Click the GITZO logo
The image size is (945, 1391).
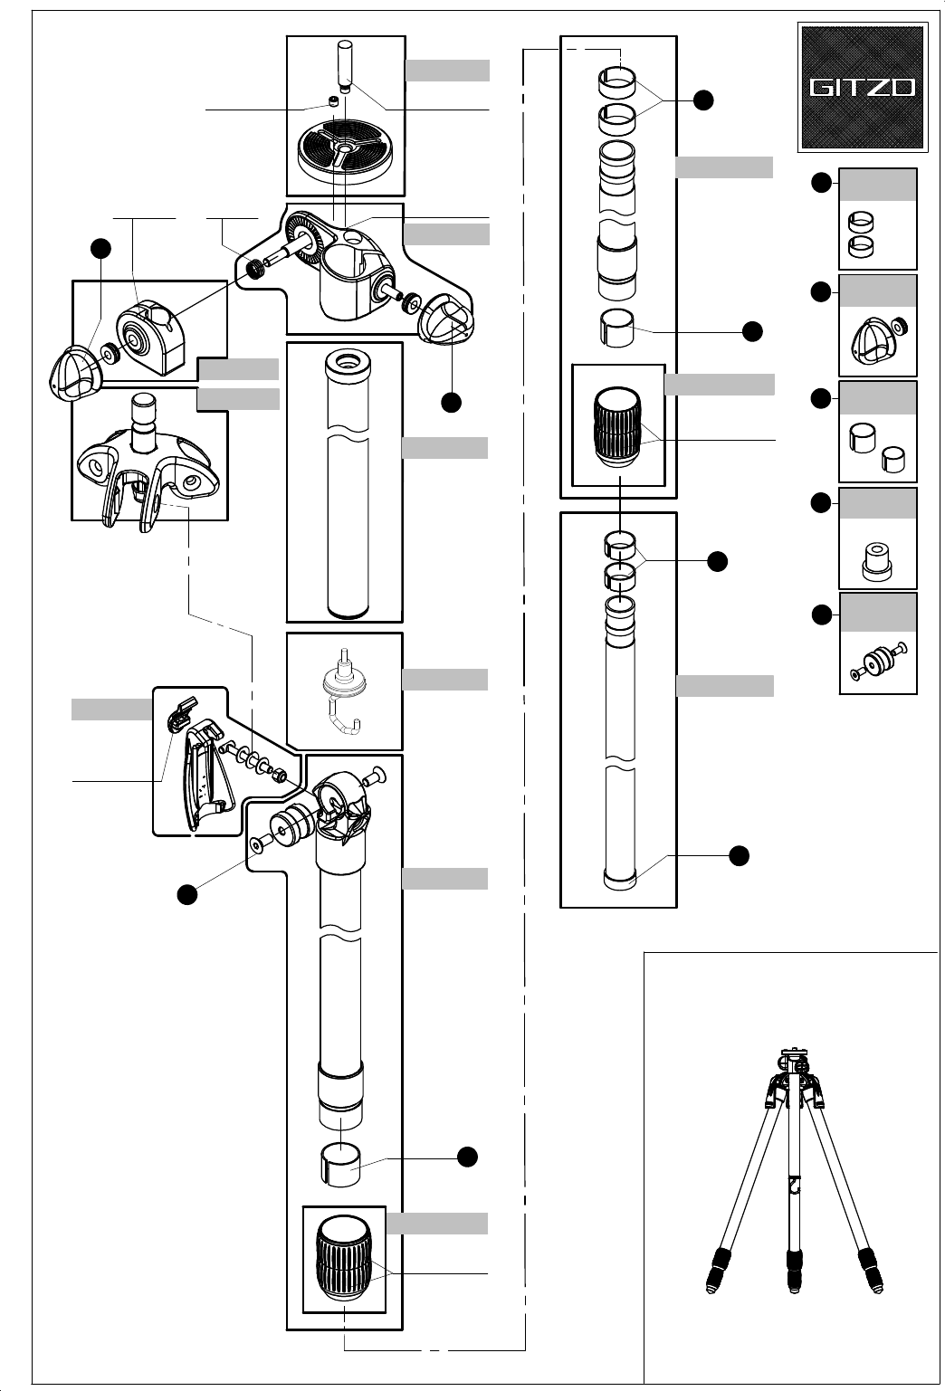coord(863,87)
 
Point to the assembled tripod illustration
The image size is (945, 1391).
coord(794,1171)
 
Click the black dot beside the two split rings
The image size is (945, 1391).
coord(702,100)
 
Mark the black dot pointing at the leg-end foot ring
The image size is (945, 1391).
coord(739,856)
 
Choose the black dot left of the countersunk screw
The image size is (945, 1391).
coord(186,894)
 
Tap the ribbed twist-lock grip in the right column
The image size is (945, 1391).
coord(618,426)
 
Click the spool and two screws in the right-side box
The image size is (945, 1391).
coord(878,662)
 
